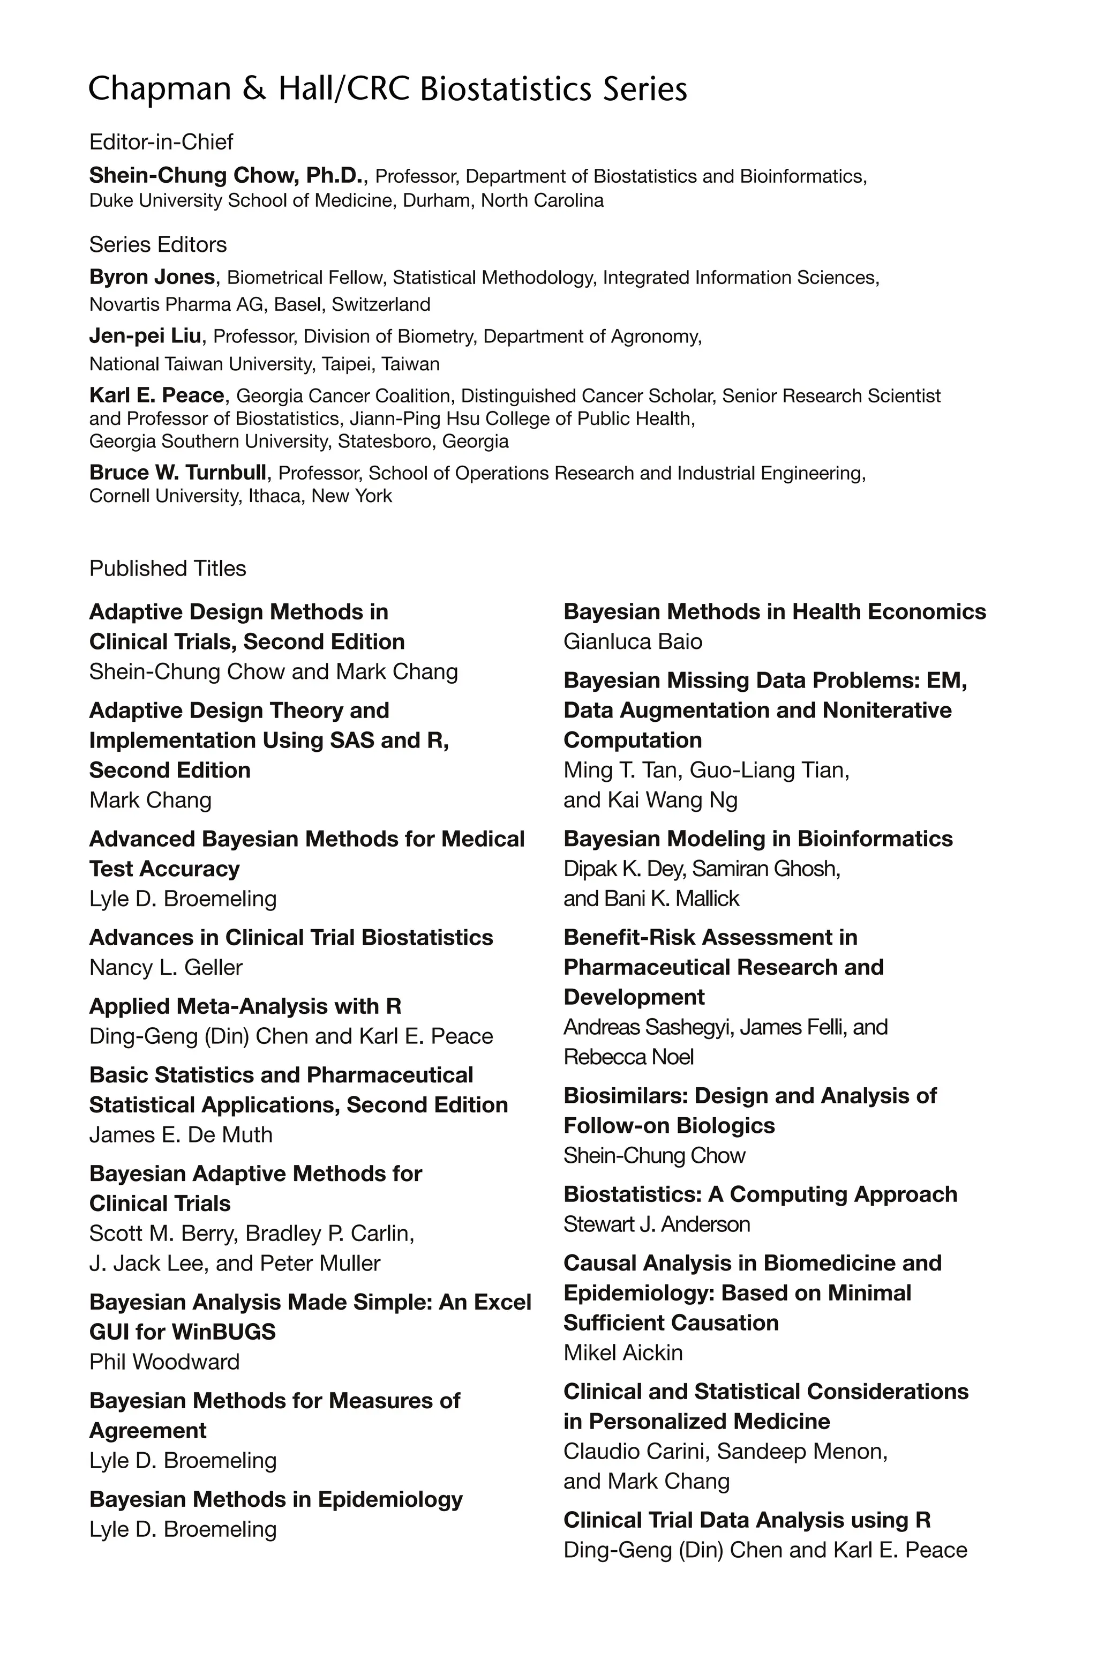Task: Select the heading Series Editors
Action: [158, 244]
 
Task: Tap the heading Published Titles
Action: [168, 568]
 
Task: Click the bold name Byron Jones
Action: [152, 277]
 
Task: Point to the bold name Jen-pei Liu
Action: [145, 336]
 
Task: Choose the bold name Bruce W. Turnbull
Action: [178, 473]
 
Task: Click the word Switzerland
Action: [381, 304]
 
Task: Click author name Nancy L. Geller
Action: [166, 968]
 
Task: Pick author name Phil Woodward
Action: [164, 1362]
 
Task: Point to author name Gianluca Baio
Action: [633, 641]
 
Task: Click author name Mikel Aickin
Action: [622, 1352]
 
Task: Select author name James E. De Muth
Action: [181, 1134]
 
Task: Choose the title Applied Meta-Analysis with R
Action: [245, 1006]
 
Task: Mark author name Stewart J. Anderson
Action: [656, 1224]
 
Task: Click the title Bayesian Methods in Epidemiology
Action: [276, 1499]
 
